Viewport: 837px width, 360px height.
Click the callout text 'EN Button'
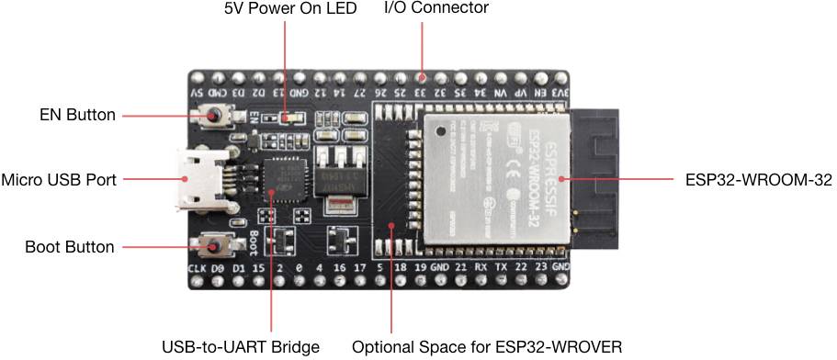click(77, 116)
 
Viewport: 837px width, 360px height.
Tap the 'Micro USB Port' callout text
click(59, 180)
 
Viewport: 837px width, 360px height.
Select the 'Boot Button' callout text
click(70, 247)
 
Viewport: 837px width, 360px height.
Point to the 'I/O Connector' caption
click(435, 9)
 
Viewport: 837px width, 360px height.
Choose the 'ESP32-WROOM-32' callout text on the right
click(759, 180)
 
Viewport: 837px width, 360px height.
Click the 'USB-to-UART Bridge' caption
click(241, 347)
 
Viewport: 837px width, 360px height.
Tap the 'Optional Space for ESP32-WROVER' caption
click(487, 347)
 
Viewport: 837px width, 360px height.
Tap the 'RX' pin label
click(480, 267)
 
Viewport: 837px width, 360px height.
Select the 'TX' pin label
click(500, 267)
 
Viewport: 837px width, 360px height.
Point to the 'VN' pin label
click(501, 92)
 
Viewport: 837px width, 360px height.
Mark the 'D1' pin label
click(238, 267)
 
